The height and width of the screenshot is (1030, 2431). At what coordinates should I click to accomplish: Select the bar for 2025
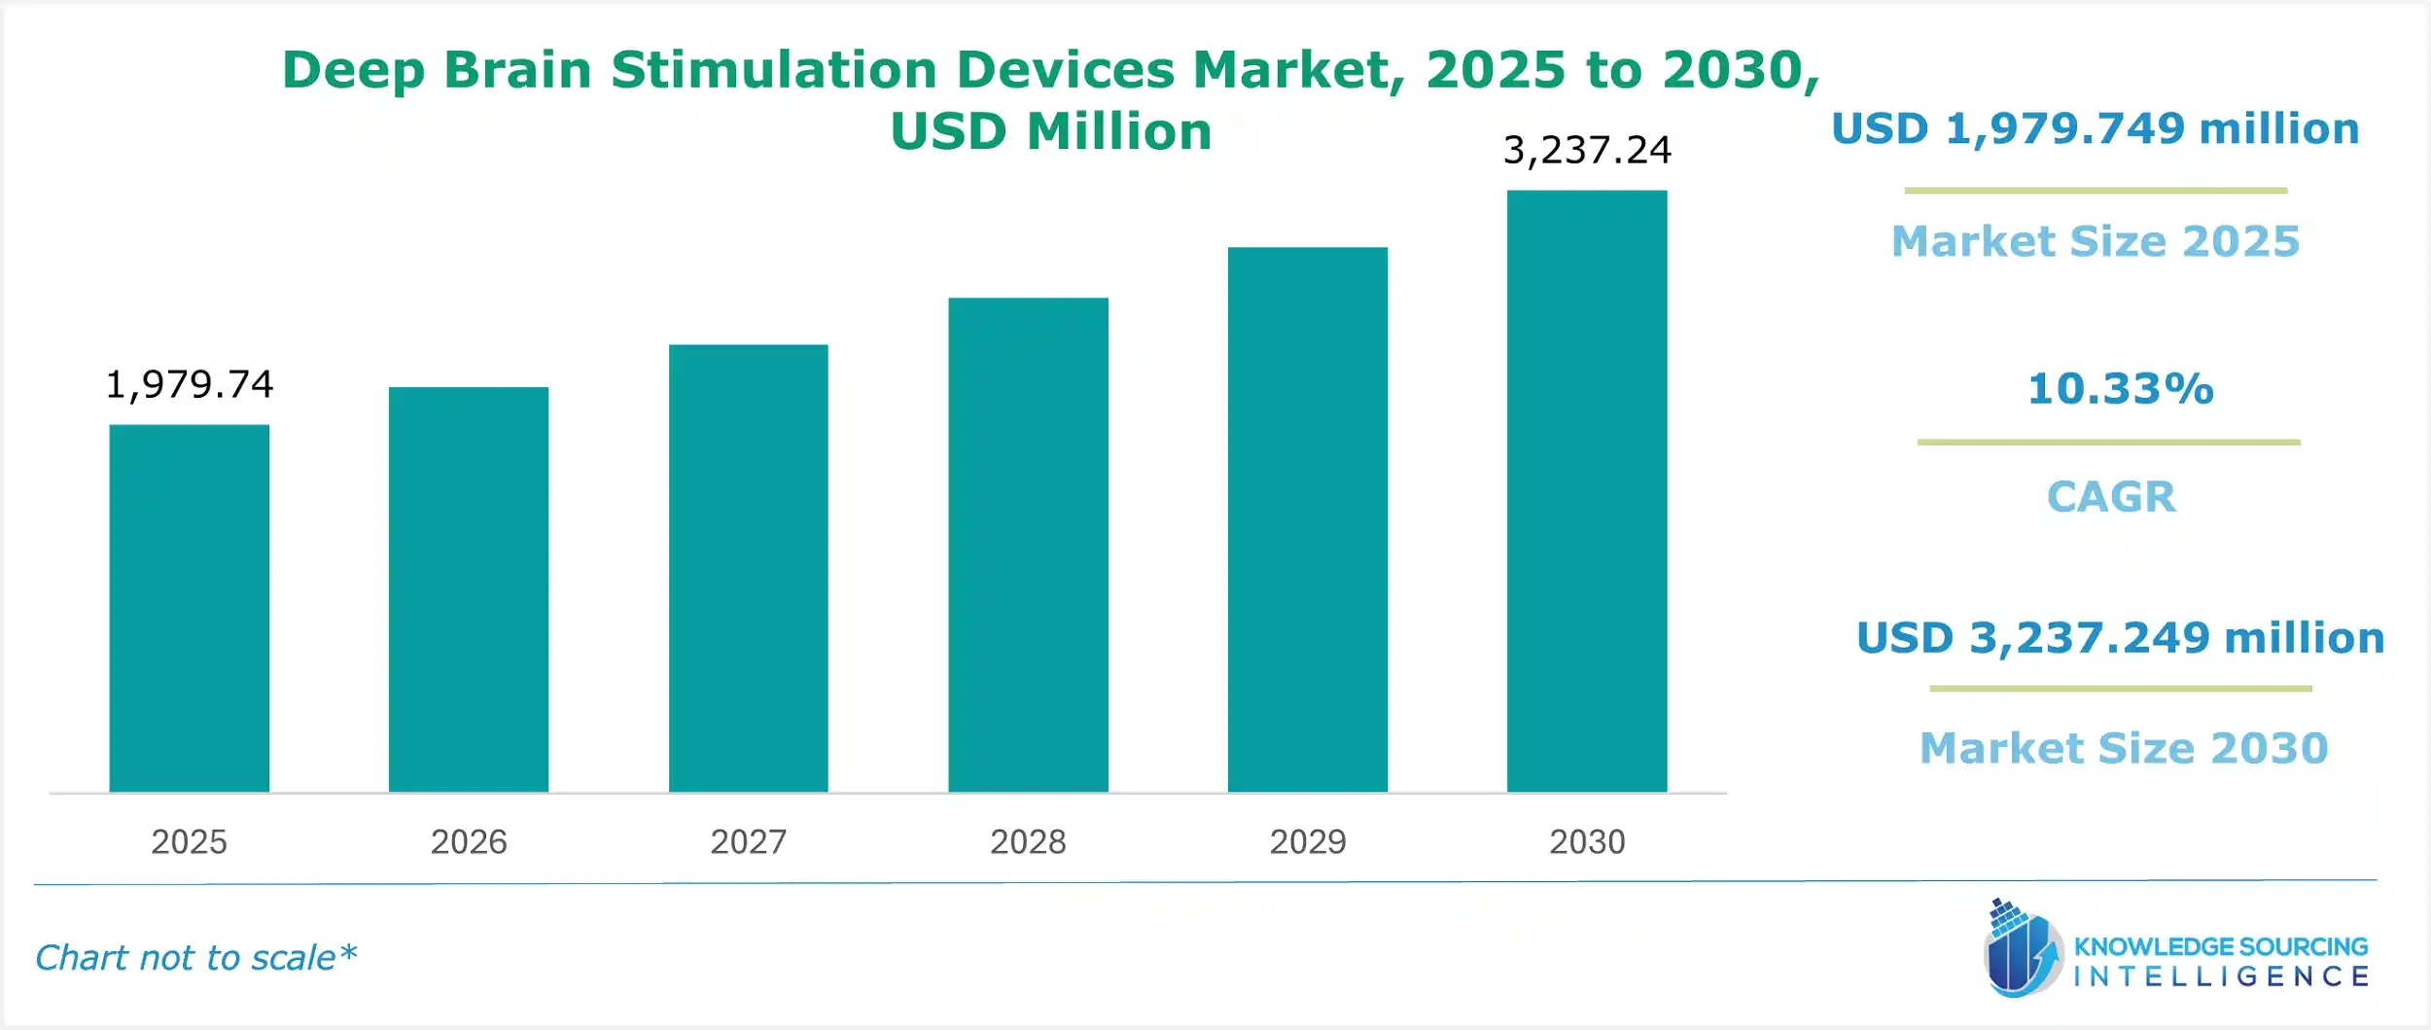click(x=189, y=608)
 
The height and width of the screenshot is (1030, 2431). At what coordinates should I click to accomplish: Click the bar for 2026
click(x=469, y=589)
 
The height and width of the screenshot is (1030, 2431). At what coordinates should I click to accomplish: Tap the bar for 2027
click(x=748, y=568)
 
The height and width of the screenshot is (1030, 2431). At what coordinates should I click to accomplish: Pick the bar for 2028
click(x=1028, y=545)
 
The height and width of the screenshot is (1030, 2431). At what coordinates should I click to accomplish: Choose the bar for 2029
click(x=1307, y=519)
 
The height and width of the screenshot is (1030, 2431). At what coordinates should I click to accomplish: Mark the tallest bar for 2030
click(x=1587, y=491)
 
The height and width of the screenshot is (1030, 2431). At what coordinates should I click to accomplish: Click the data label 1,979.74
click(x=190, y=385)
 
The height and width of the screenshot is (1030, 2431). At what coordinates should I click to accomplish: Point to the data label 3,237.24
click(x=1587, y=151)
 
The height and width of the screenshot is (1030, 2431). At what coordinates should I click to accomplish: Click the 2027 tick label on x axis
click(x=748, y=841)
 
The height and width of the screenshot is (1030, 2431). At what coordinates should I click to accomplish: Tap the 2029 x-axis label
click(x=1307, y=841)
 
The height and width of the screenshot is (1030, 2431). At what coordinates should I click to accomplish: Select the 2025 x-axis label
click(x=189, y=841)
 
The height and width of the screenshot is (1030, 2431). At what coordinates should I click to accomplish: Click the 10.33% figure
click(x=2120, y=389)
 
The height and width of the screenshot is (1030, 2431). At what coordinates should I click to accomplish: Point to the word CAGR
click(x=2111, y=497)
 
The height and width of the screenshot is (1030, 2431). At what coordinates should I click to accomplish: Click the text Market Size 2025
click(x=2096, y=241)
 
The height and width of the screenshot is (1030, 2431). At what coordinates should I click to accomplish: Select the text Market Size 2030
click(x=2124, y=748)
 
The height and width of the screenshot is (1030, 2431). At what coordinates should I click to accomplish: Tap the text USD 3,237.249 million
click(x=2120, y=638)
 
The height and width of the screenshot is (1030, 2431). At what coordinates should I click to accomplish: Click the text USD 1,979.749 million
click(x=2096, y=128)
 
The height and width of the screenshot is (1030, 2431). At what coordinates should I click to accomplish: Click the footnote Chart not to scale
click(x=195, y=958)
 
